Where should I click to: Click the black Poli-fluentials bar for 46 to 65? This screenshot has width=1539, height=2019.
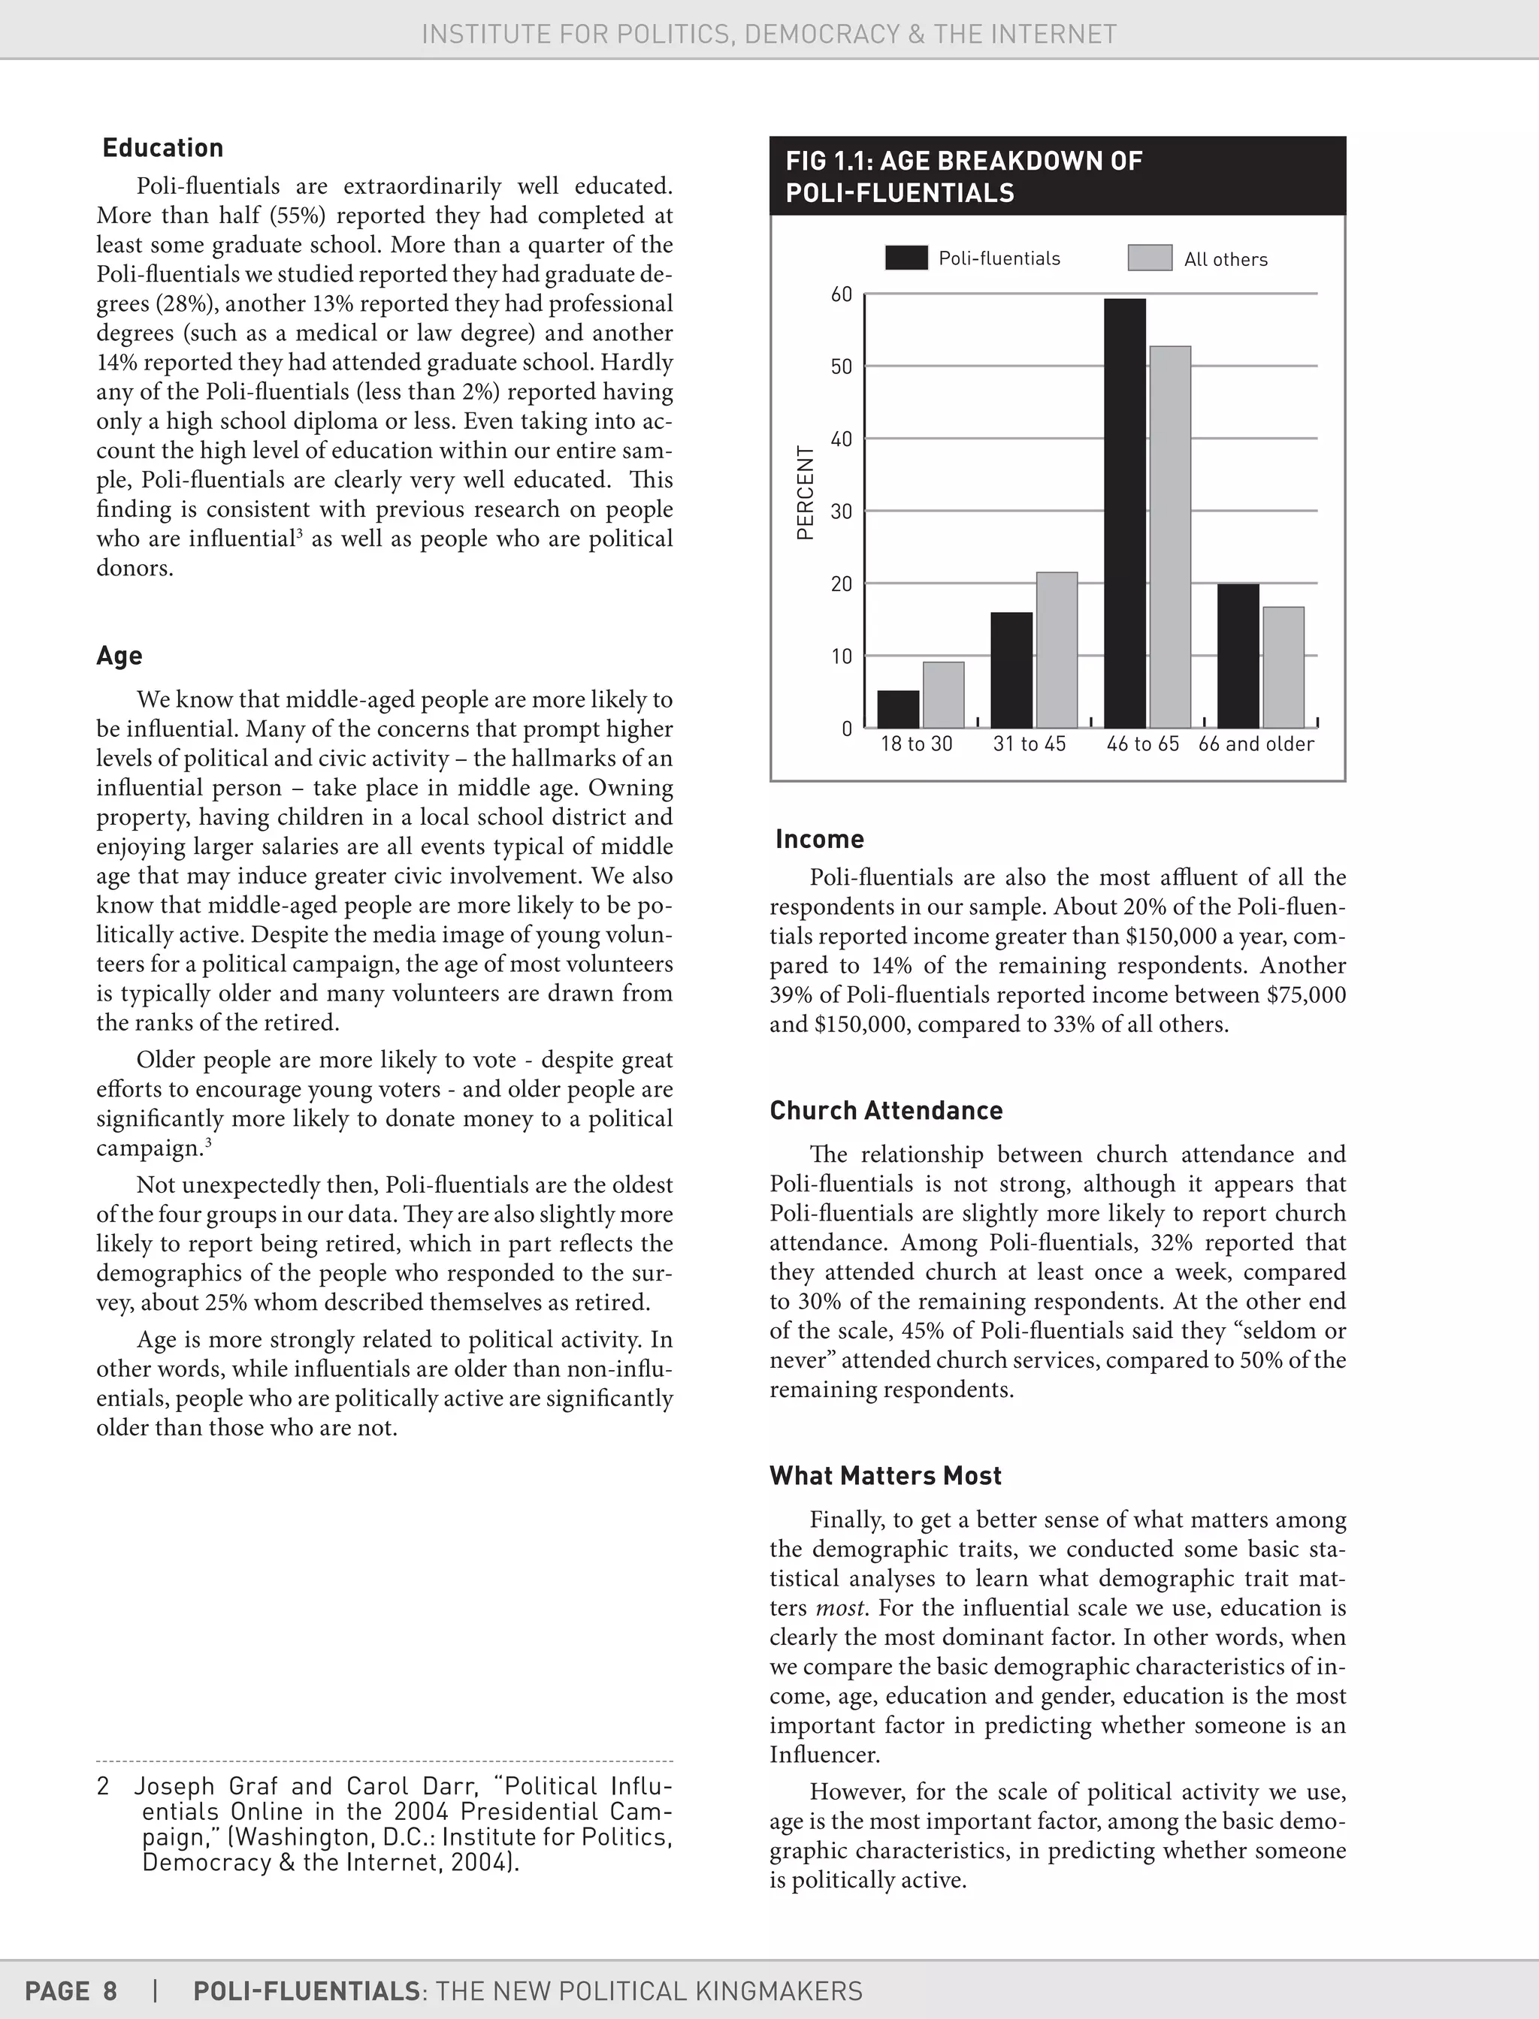pyautogui.click(x=1125, y=513)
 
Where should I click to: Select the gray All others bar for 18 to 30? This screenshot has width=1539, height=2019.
pyautogui.click(x=944, y=695)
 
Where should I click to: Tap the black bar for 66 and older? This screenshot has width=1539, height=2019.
pyautogui.click(x=1238, y=656)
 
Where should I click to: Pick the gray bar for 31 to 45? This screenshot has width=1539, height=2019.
pyautogui.click(x=1057, y=650)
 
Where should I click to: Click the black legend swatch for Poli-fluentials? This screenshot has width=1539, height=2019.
pyautogui.click(x=906, y=258)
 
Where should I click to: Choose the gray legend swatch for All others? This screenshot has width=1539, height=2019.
pyautogui.click(x=1150, y=258)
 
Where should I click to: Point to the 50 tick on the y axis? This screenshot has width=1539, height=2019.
pyautogui.click(x=841, y=367)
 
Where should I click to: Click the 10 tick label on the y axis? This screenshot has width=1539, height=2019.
pyautogui.click(x=841, y=656)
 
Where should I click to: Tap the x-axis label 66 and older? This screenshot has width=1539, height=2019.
pyautogui.click(x=1256, y=744)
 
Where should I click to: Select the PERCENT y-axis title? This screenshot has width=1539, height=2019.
pyautogui.click(x=806, y=493)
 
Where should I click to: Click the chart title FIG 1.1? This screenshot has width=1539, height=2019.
pyautogui.click(x=963, y=177)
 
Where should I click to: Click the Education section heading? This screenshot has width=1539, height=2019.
pyautogui.click(x=162, y=148)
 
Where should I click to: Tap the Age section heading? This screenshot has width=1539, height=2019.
pyautogui.click(x=119, y=656)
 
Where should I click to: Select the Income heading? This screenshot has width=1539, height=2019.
pyautogui.click(x=819, y=840)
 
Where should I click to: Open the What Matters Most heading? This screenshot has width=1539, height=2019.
pyautogui.click(x=885, y=1476)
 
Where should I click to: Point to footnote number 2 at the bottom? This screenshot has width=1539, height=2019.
pyautogui.click(x=104, y=1786)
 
